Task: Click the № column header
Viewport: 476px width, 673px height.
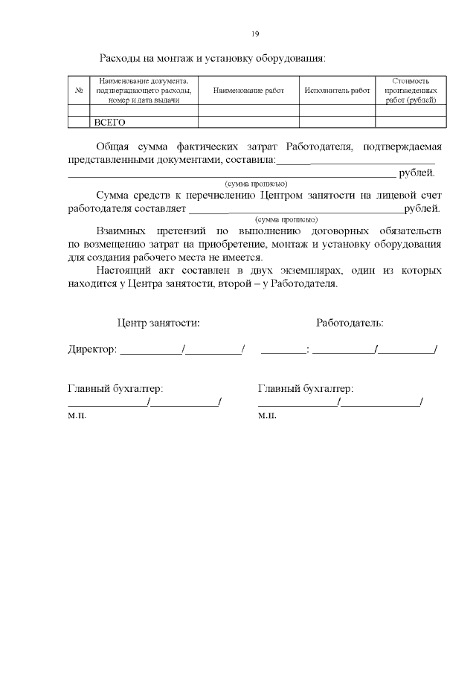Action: click(x=79, y=90)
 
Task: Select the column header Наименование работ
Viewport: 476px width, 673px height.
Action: click(x=248, y=90)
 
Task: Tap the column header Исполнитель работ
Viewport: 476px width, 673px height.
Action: click(x=337, y=90)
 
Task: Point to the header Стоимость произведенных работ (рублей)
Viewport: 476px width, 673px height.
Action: click(x=411, y=90)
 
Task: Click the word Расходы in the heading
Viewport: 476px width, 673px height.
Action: click(x=122, y=58)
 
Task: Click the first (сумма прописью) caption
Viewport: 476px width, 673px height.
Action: click(x=256, y=183)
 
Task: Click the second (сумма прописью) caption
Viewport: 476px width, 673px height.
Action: click(x=286, y=219)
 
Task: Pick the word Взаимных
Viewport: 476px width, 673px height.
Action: click(x=125, y=231)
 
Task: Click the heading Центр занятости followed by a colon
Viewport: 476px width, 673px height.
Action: click(x=158, y=323)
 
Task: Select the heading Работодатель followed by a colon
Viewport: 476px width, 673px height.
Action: click(x=350, y=323)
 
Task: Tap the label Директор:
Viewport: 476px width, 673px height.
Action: click(x=92, y=350)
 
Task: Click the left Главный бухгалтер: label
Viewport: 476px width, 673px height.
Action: click(x=115, y=388)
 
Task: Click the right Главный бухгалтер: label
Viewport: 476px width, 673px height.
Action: click(x=305, y=388)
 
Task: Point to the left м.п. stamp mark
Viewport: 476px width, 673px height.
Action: click(x=77, y=415)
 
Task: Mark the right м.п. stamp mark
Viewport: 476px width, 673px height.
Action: click(x=267, y=415)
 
